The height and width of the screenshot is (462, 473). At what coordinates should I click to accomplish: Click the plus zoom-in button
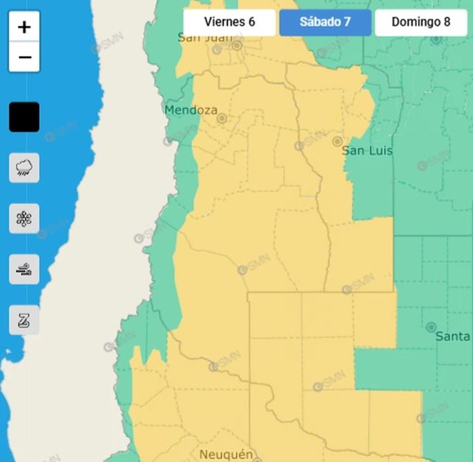coord(24,27)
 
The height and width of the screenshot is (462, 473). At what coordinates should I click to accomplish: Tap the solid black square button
coord(24,117)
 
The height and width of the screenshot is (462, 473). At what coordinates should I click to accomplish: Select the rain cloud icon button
coord(24,167)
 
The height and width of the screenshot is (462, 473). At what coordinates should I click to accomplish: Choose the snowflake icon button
coord(24,219)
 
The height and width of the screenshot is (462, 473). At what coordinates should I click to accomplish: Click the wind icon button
coord(24,270)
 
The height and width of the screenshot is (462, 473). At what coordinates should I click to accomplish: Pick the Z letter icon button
coord(24,321)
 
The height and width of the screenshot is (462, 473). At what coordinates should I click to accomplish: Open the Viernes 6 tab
coord(229,22)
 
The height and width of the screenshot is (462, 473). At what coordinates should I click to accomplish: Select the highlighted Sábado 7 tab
coord(325,22)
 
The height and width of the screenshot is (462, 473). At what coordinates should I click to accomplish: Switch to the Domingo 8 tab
coord(421,22)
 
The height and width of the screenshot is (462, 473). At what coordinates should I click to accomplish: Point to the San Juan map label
coord(205,37)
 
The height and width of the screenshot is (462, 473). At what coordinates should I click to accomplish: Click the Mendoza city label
coord(190,111)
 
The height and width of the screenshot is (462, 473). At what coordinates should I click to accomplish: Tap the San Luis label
coord(368,151)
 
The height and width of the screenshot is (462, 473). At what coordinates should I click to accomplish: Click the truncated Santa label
coord(453,337)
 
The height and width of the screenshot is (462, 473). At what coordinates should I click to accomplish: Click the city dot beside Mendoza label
coord(222,118)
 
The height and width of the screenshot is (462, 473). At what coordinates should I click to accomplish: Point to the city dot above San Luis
coord(337,141)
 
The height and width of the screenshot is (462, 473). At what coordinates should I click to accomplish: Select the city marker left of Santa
coord(431,327)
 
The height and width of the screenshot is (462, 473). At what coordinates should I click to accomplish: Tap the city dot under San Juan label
coord(236,45)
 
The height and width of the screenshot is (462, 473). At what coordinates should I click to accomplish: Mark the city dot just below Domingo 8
coord(437,39)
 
